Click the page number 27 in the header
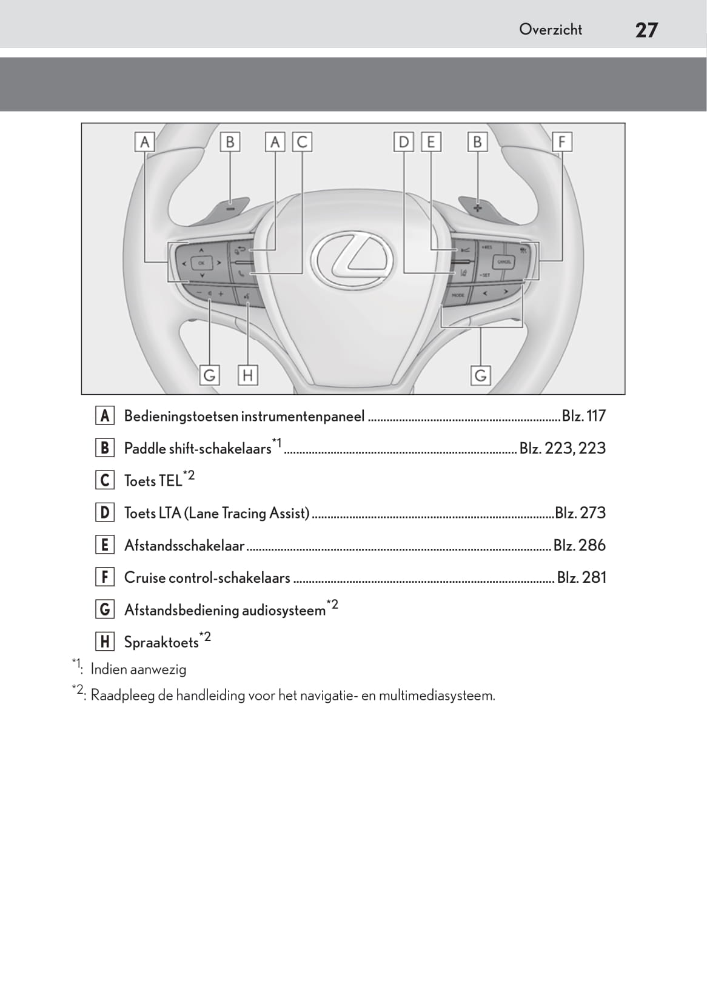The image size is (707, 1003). tap(646, 30)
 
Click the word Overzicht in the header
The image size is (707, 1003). tap(550, 29)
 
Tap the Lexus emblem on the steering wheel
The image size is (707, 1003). tap(352, 259)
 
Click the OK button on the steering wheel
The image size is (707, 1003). tap(201, 263)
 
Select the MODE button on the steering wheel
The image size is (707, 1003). tap(458, 295)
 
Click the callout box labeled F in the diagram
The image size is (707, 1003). tap(561, 142)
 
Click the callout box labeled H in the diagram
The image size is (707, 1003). tap(247, 375)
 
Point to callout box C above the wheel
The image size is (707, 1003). tap(302, 142)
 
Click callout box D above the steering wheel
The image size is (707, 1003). tap(403, 142)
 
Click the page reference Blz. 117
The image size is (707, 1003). tap(583, 416)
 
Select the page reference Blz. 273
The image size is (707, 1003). tap(580, 513)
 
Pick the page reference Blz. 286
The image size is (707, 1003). tap(579, 545)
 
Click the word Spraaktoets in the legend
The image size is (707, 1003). tap(161, 643)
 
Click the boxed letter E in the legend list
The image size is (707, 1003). tap(105, 545)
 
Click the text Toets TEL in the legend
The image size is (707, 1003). tap(153, 481)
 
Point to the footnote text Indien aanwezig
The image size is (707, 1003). tap(138, 669)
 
